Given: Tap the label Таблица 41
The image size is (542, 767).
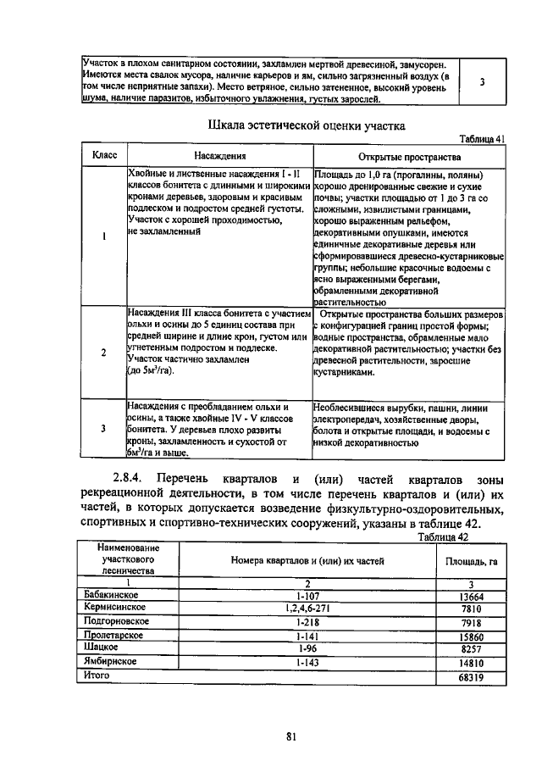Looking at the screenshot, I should click(x=482, y=139).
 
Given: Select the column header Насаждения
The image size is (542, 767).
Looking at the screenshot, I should click(x=219, y=157).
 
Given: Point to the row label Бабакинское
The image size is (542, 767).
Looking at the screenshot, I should click(x=112, y=596).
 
